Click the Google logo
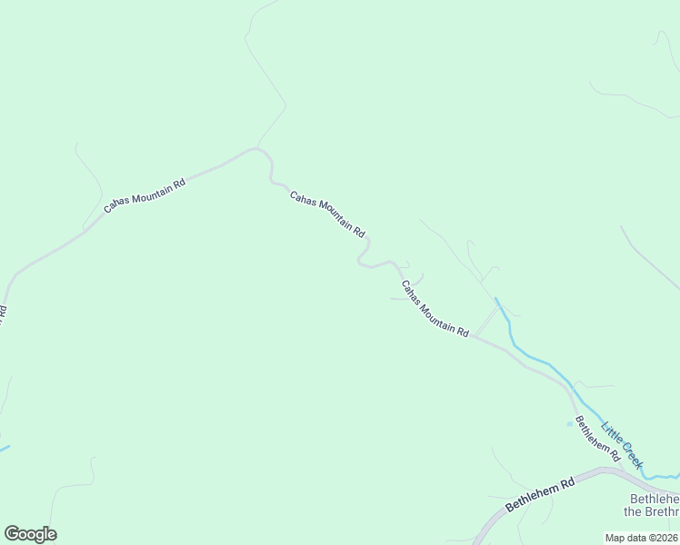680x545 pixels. click(x=30, y=534)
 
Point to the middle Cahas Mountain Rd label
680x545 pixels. click(x=327, y=213)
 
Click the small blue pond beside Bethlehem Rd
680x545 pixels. click(x=570, y=422)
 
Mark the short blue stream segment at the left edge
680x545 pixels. click(x=4, y=448)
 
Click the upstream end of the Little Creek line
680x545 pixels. click(x=495, y=298)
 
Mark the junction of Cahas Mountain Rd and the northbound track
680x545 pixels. click(x=257, y=148)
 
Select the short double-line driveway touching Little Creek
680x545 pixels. click(x=487, y=319)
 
